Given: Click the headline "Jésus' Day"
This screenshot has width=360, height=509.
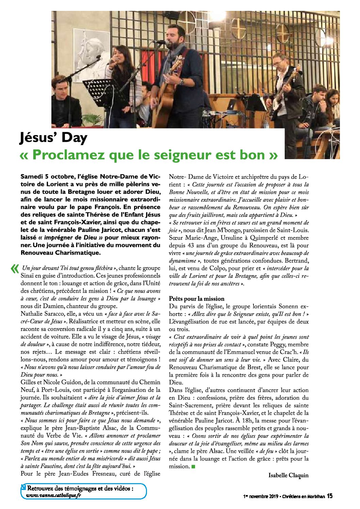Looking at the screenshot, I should point(53,138).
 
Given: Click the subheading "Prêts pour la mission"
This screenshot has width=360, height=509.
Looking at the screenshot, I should point(197,299).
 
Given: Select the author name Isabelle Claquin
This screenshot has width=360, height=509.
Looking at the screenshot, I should point(288,475).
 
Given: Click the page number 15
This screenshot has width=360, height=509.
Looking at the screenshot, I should point(329,496).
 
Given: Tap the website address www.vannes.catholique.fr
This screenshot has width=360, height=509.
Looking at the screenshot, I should point(54,495).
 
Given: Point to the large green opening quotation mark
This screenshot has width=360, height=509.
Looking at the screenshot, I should point(14,269).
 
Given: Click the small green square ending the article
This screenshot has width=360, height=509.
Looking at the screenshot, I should point(193,466).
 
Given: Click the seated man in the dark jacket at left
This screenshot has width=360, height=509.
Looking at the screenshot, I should point(66,104).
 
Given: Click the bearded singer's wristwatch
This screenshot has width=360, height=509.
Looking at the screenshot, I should point(182,82).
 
